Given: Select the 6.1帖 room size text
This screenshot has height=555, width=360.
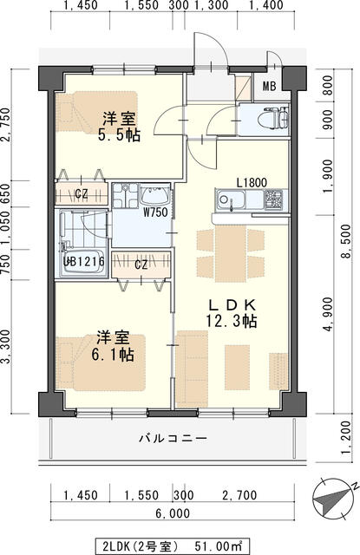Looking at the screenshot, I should (x=114, y=356).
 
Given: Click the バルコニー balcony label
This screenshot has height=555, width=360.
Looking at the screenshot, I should (x=173, y=439).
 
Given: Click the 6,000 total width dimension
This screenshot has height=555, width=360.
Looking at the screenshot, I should (x=173, y=513).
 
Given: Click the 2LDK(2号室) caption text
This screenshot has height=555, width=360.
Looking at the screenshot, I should (x=141, y=547).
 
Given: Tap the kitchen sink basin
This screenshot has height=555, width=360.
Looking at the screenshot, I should (x=230, y=203).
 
